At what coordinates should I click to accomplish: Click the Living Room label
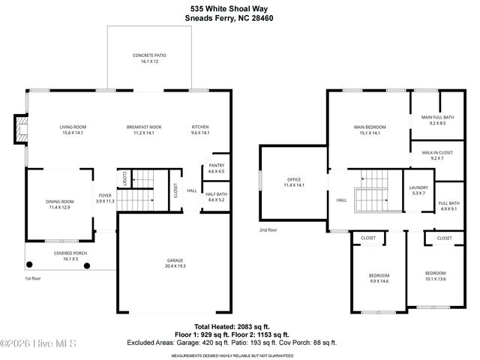(73, 130)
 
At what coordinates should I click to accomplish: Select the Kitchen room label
(199, 130)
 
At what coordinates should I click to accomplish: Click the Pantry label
(216, 168)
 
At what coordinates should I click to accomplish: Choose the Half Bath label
(216, 196)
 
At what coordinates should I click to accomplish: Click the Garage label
(175, 263)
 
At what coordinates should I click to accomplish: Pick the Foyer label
(105, 198)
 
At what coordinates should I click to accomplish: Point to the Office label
(293, 182)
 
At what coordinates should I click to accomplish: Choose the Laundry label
(418, 190)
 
